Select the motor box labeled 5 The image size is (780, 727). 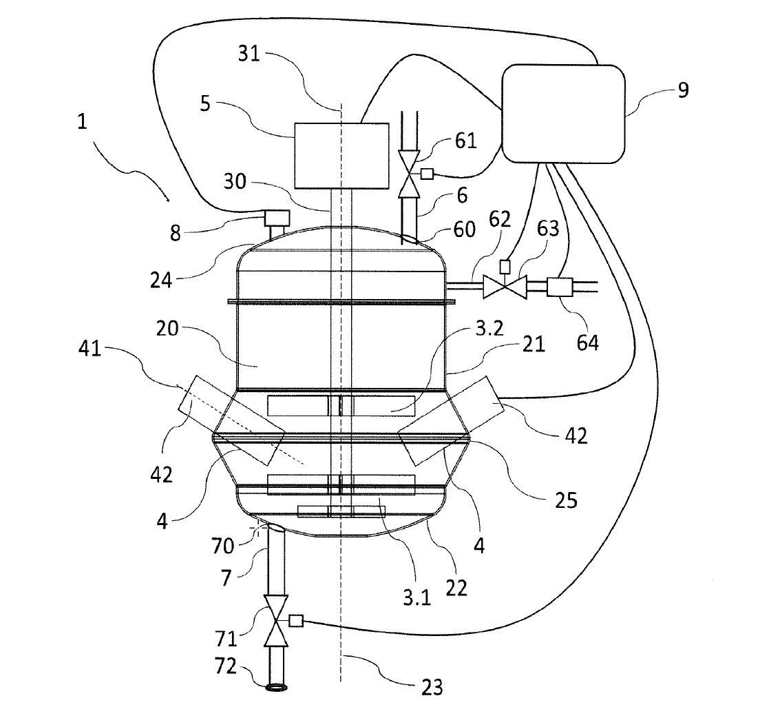(340, 155)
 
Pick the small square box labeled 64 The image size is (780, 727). (556, 286)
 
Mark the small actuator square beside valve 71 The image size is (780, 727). (297, 621)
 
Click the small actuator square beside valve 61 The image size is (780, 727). (427, 174)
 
